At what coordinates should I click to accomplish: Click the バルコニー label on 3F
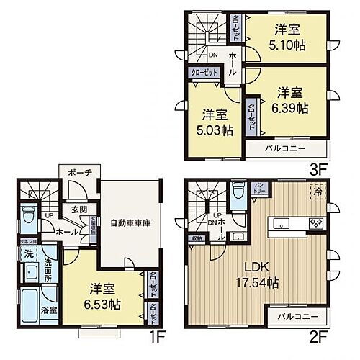pos(284,148)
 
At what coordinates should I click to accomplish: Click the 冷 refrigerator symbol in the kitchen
pos(318,192)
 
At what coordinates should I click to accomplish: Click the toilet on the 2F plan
pos(238,193)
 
